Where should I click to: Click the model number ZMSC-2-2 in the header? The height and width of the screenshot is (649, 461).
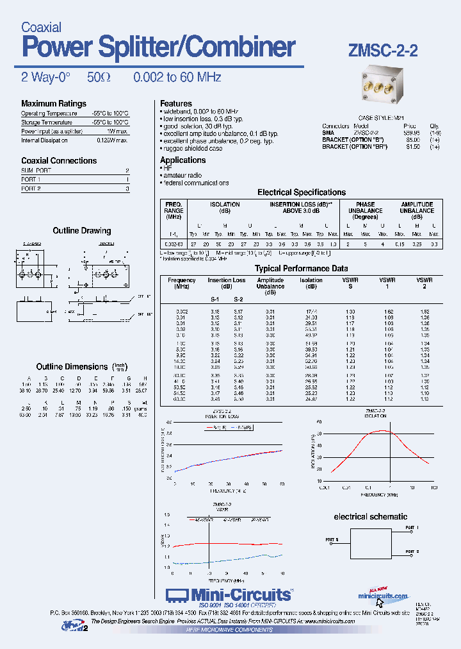point(383,51)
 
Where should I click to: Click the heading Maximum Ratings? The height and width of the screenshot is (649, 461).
point(53,104)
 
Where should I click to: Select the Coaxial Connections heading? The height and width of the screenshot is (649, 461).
point(59,161)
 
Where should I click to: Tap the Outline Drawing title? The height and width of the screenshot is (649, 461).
point(81,231)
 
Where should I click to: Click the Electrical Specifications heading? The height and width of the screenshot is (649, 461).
point(301,192)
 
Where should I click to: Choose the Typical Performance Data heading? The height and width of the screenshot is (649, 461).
point(301,269)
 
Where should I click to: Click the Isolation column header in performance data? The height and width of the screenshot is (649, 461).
point(311,283)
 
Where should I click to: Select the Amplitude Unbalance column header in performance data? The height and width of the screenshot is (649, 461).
point(270,287)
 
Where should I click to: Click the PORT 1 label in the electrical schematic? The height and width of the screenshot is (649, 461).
point(412,527)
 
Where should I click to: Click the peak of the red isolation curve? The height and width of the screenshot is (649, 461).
point(383,430)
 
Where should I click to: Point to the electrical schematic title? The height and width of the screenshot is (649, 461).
point(370,516)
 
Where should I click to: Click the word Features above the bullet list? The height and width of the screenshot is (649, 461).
point(175,103)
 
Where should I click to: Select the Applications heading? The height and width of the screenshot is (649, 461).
point(182,160)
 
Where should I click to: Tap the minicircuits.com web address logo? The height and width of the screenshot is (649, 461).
point(383,596)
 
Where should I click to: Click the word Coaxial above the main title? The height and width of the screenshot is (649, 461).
point(41,28)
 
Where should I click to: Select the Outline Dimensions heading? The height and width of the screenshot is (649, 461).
point(72,367)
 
